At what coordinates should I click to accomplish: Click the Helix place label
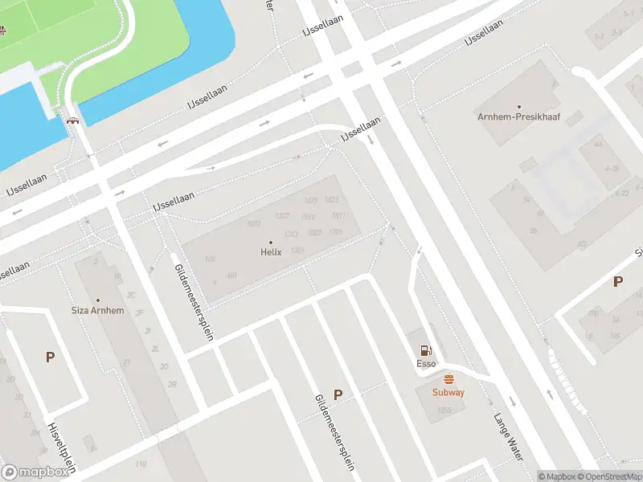pyautogui.click(x=271, y=251)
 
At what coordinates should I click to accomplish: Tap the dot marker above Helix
pyautogui.click(x=271, y=242)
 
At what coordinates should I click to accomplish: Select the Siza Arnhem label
pyautogui.click(x=98, y=310)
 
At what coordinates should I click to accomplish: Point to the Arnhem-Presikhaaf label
pyautogui.click(x=519, y=116)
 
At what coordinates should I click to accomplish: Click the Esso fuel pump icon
pyautogui.click(x=425, y=350)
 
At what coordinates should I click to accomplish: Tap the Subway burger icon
pyautogui.click(x=448, y=379)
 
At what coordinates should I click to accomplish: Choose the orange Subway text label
pyautogui.click(x=448, y=392)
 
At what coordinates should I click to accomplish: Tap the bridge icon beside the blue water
pyautogui.click(x=73, y=120)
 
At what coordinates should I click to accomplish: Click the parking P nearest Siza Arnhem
pyautogui.click(x=50, y=357)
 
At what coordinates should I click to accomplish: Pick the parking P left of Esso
pyautogui.click(x=338, y=394)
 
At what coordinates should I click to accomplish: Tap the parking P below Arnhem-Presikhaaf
pyautogui.click(x=618, y=281)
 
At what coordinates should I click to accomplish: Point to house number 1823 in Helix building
pyautogui.click(x=332, y=200)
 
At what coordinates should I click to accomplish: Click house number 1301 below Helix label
pyautogui.click(x=297, y=251)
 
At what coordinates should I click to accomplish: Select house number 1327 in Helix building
pyautogui.click(x=281, y=216)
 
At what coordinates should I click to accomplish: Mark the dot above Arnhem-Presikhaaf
pyautogui.click(x=519, y=107)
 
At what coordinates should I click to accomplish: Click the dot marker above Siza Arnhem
pyautogui.click(x=98, y=300)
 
